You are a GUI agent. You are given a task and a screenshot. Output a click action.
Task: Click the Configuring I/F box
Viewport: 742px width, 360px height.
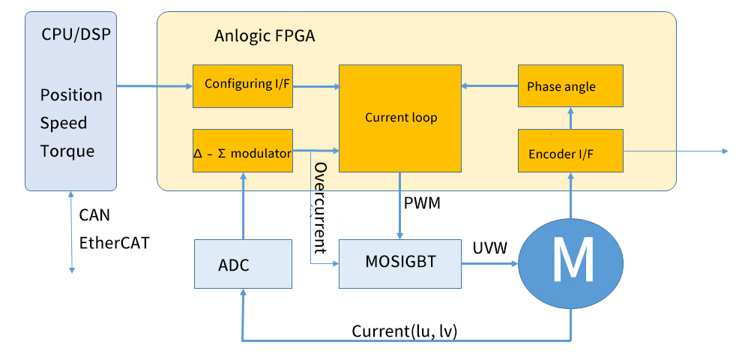(242, 85)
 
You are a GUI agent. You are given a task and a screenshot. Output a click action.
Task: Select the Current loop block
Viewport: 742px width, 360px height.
(400, 118)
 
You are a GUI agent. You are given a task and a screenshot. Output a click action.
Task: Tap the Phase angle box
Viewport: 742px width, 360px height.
(570, 85)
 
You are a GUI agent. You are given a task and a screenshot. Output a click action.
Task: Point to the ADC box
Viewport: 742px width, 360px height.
(242, 264)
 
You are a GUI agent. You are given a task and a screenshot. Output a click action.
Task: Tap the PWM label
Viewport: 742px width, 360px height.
(423, 203)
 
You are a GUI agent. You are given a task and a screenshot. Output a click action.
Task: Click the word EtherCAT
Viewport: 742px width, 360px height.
(114, 243)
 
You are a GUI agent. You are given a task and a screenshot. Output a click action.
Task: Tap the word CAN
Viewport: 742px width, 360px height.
(94, 216)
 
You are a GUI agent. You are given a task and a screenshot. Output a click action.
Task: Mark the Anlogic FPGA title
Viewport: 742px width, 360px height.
(264, 36)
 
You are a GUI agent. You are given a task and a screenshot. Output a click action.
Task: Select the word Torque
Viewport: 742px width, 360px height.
(67, 151)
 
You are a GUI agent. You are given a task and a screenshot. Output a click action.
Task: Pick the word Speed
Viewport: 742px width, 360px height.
(64, 123)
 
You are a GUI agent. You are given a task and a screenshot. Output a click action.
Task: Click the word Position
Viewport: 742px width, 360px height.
(71, 95)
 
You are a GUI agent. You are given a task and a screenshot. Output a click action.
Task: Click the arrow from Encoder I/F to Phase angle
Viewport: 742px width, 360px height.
(570, 118)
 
